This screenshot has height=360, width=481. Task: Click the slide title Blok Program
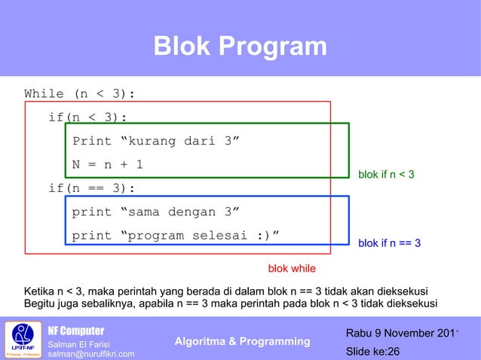(x=240, y=47)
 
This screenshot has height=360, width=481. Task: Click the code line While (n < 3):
(x=80, y=94)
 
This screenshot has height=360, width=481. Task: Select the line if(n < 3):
(x=87, y=117)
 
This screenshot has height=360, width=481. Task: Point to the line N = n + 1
(x=108, y=165)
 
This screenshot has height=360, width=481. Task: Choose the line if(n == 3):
(x=91, y=188)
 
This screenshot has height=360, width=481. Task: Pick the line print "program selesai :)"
(x=176, y=236)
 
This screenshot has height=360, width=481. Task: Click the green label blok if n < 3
(x=386, y=175)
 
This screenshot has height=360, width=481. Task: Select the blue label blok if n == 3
(x=389, y=243)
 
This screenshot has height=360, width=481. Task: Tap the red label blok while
(x=293, y=268)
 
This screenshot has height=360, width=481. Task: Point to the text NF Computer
(x=76, y=331)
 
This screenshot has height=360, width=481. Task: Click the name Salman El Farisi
(x=78, y=345)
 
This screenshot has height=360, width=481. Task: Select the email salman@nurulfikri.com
(x=91, y=354)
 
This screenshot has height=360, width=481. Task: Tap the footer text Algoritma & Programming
(x=242, y=342)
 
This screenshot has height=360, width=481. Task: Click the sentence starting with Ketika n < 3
(x=226, y=291)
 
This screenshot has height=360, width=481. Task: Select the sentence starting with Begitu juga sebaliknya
(x=231, y=304)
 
